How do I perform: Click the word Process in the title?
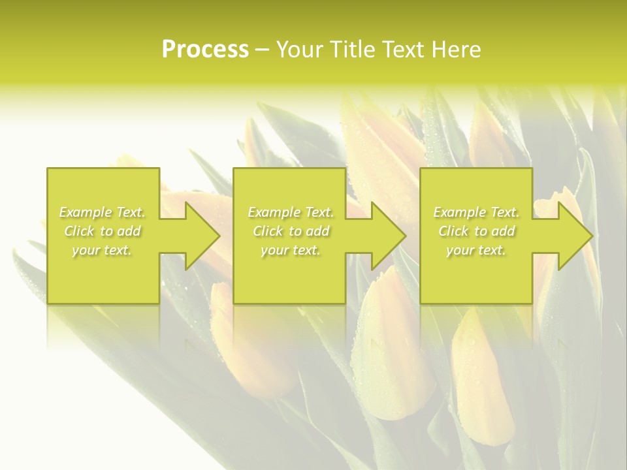coord(205,50)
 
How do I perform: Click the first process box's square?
coord(103,274)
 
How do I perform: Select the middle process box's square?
coord(289,274)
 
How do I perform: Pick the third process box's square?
coord(476,274)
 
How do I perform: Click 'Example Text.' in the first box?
coord(102,212)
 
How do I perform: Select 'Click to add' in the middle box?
coord(291,231)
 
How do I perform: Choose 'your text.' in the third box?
coord(476,250)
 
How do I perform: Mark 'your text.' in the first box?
coord(102,250)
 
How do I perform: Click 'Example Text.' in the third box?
coord(476,212)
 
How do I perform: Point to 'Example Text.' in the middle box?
coord(291,212)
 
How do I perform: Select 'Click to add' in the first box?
coord(102,231)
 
